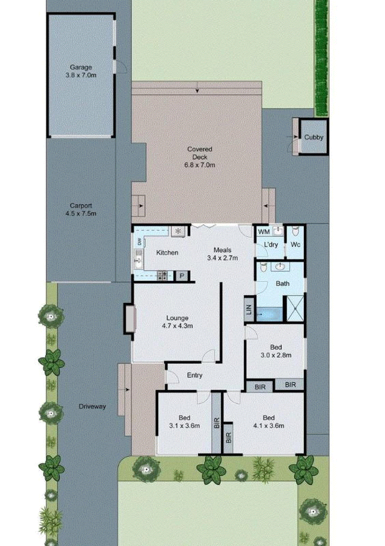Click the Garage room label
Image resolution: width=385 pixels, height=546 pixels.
pyautogui.click(x=81, y=67)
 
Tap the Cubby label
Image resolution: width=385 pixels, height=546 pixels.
pyautogui.click(x=314, y=137)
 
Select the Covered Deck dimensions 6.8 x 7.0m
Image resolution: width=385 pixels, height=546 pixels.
pyautogui.click(x=200, y=165)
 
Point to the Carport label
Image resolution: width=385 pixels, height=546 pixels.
pyautogui.click(x=81, y=206)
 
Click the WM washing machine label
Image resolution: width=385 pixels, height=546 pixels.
pyautogui.click(x=264, y=232)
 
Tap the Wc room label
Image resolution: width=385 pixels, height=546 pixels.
pyautogui.click(x=295, y=245)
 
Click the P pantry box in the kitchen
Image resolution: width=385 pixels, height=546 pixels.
pyautogui.click(x=182, y=276)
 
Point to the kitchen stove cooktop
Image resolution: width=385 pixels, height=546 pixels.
pyautogui.click(x=162, y=275)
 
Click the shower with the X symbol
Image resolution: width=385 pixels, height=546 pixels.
pyautogui.click(x=295, y=308)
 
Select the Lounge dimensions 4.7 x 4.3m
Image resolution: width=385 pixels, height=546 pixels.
pyautogui.click(x=177, y=326)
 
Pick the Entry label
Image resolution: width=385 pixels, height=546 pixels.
pyautogui.click(x=195, y=375)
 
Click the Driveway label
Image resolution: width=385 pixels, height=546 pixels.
pyautogui.click(x=92, y=406)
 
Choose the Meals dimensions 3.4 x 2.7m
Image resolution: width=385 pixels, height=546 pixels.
pyautogui.click(x=222, y=258)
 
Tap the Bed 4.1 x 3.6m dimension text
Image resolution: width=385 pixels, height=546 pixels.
pyautogui.click(x=269, y=426)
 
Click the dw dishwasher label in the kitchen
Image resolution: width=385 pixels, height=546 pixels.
pyautogui.click(x=139, y=242)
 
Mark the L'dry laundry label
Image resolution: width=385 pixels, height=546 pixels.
pyautogui.click(x=271, y=245)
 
